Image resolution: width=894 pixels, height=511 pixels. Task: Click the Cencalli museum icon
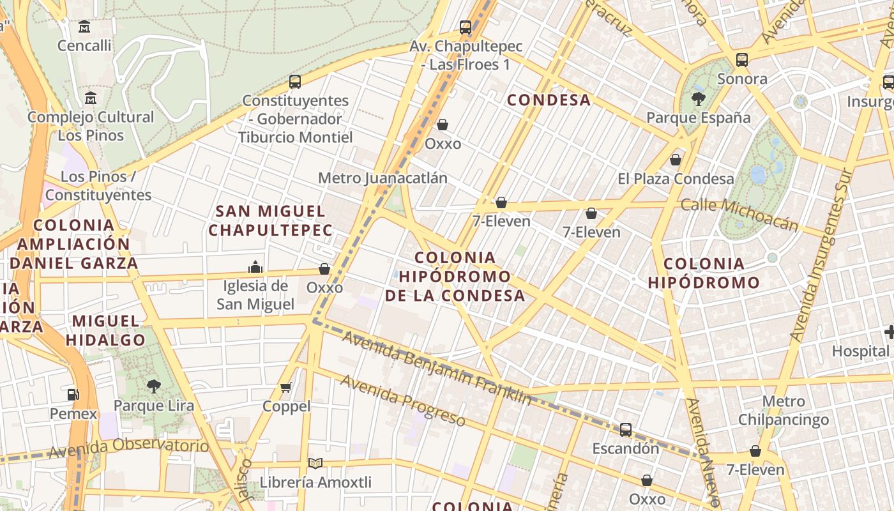pyautogui.click(x=84, y=27)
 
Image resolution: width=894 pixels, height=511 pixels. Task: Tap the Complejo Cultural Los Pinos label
pyautogui.click(x=91, y=126)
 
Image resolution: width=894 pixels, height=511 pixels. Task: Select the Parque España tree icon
pyautogui.click(x=698, y=98)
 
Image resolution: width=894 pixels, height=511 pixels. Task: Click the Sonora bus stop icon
pyautogui.click(x=741, y=60)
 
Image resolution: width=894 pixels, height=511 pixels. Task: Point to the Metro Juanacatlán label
pyautogui.click(x=383, y=178)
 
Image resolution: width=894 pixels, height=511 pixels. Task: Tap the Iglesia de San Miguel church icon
pyautogui.click(x=255, y=267)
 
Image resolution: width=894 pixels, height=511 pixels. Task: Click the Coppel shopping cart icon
pyautogui.click(x=286, y=387)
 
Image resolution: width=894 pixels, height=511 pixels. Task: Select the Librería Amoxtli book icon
pyautogui.click(x=315, y=463)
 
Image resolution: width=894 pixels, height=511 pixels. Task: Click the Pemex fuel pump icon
pyautogui.click(x=73, y=395)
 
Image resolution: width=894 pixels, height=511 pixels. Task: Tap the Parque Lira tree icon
pyautogui.click(x=153, y=386)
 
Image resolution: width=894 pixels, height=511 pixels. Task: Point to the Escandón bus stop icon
pyautogui.click(x=626, y=430)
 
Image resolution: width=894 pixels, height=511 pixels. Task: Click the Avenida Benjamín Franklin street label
pyautogui.click(x=437, y=368)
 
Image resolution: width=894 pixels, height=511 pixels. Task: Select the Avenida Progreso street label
pyautogui.click(x=402, y=400)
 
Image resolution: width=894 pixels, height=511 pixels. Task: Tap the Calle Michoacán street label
pyautogui.click(x=739, y=214)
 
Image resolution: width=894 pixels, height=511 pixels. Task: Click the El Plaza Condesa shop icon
pyautogui.click(x=676, y=160)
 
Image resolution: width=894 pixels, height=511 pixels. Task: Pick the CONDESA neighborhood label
pyautogui.click(x=549, y=100)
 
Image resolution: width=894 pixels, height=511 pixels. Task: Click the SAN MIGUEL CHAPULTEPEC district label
pyautogui.click(x=270, y=220)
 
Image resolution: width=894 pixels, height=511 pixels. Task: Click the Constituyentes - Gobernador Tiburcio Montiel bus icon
pyautogui.click(x=294, y=82)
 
